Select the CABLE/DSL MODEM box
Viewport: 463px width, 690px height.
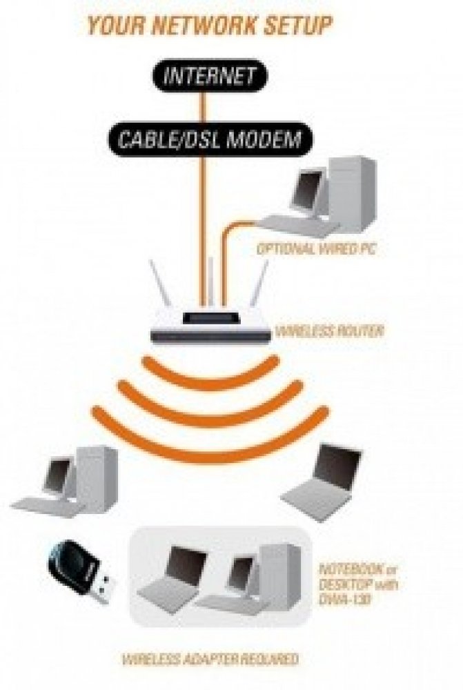(x=210, y=140)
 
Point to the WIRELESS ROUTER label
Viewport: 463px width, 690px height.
(x=329, y=331)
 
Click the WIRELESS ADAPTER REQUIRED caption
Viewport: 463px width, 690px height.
(x=210, y=660)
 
